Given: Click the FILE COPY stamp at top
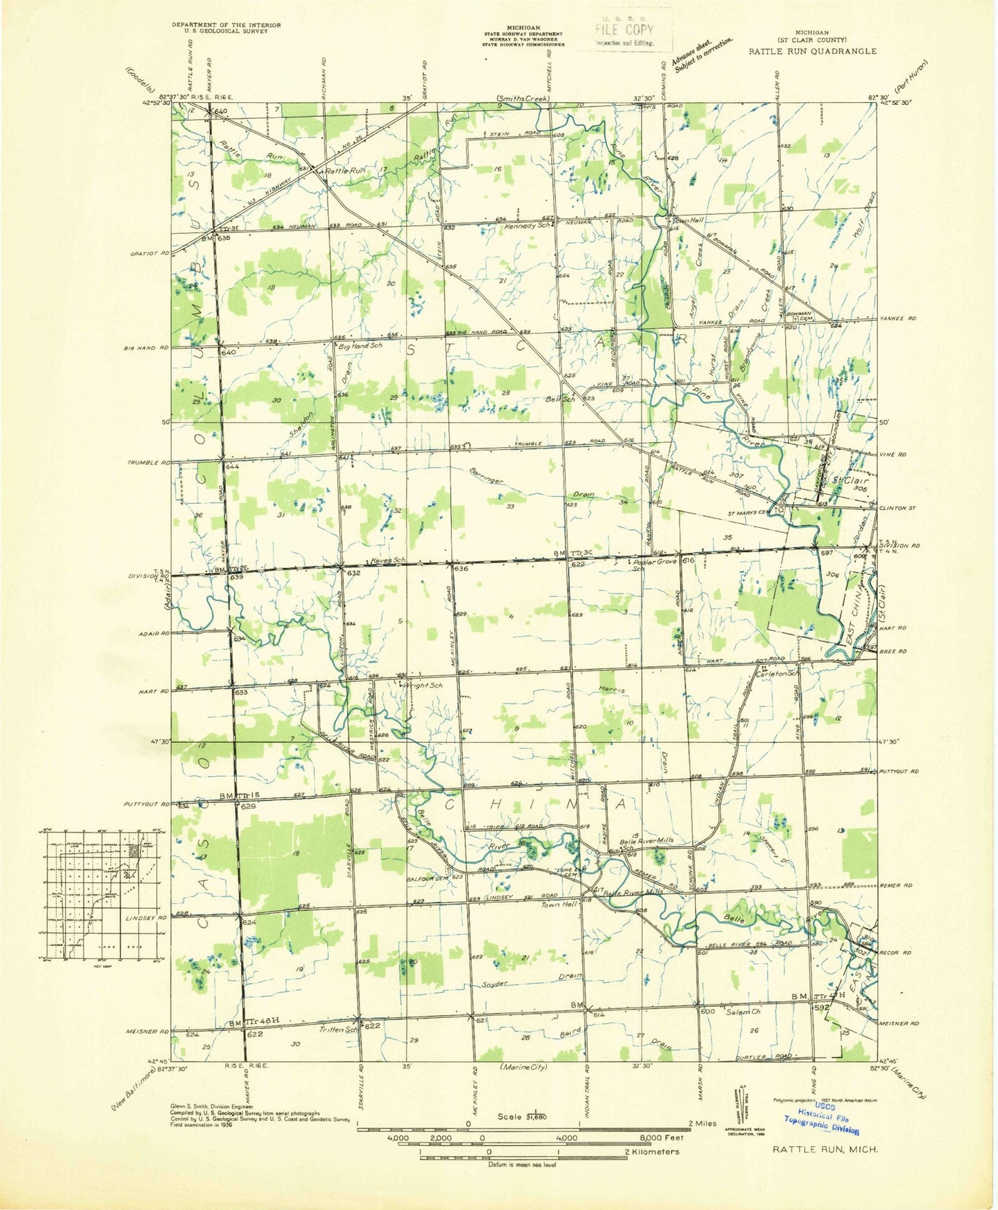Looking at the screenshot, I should point(624,31).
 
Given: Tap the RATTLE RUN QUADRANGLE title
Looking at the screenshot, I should point(812,51).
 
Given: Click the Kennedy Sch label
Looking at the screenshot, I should point(527,227).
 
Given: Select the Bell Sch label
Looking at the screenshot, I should point(560,399).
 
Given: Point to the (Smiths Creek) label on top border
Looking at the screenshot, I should point(523,99).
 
